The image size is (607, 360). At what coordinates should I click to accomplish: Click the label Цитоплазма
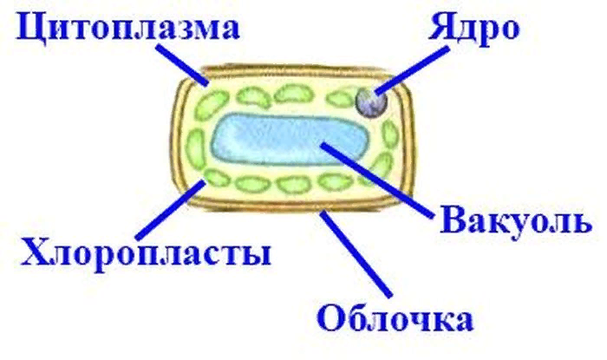click(x=127, y=29)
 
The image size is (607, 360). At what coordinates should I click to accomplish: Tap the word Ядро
click(x=473, y=27)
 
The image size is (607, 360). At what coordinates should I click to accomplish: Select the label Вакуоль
click(x=516, y=222)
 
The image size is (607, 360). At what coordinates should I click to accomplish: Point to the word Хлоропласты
click(x=146, y=252)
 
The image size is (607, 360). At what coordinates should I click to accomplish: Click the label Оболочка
click(x=395, y=319)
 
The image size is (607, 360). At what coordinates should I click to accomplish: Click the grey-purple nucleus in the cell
click(x=371, y=102)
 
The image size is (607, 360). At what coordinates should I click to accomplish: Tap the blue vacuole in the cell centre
click(x=290, y=140)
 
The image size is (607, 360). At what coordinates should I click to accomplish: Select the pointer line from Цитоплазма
click(x=181, y=65)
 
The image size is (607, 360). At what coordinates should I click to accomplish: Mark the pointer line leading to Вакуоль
click(x=378, y=180)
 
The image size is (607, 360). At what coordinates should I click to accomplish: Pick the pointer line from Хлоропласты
click(x=170, y=210)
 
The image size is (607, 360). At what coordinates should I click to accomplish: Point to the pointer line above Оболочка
click(x=356, y=253)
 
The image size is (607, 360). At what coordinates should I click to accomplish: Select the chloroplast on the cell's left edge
click(x=195, y=148)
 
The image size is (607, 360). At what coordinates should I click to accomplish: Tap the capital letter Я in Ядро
click(x=441, y=27)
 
